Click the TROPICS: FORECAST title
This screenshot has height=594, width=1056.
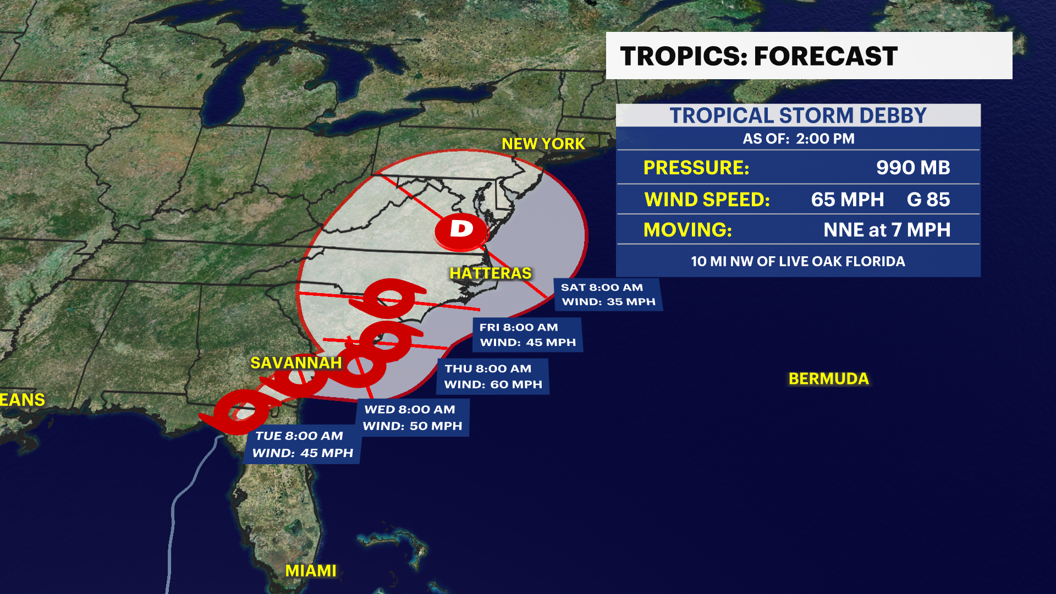point(758,56)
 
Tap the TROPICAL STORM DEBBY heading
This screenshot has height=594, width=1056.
point(798,116)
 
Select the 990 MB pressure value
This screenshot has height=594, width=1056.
point(912,168)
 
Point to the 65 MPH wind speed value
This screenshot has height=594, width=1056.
point(847,200)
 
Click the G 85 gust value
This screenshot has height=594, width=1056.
point(928,200)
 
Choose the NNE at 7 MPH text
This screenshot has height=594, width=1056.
point(887,230)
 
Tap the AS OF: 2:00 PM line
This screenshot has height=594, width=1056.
point(798,139)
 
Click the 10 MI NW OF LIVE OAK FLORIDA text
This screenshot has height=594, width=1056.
point(798,261)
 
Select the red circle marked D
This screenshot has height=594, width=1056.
point(461,230)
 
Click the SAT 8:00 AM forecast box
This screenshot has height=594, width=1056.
point(608,295)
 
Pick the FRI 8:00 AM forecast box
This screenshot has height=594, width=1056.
point(527,335)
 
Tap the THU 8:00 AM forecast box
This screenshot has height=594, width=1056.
point(493,377)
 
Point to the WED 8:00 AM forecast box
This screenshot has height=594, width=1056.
point(413,418)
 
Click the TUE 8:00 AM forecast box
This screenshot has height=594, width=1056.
point(302,444)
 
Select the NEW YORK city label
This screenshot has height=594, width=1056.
point(543,144)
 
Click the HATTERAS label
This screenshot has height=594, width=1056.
point(491,273)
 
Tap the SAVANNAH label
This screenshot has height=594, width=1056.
point(296,363)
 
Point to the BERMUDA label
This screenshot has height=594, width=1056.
point(828,379)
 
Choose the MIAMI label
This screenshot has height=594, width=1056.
point(310,571)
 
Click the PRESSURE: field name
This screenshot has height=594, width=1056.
point(696,168)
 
